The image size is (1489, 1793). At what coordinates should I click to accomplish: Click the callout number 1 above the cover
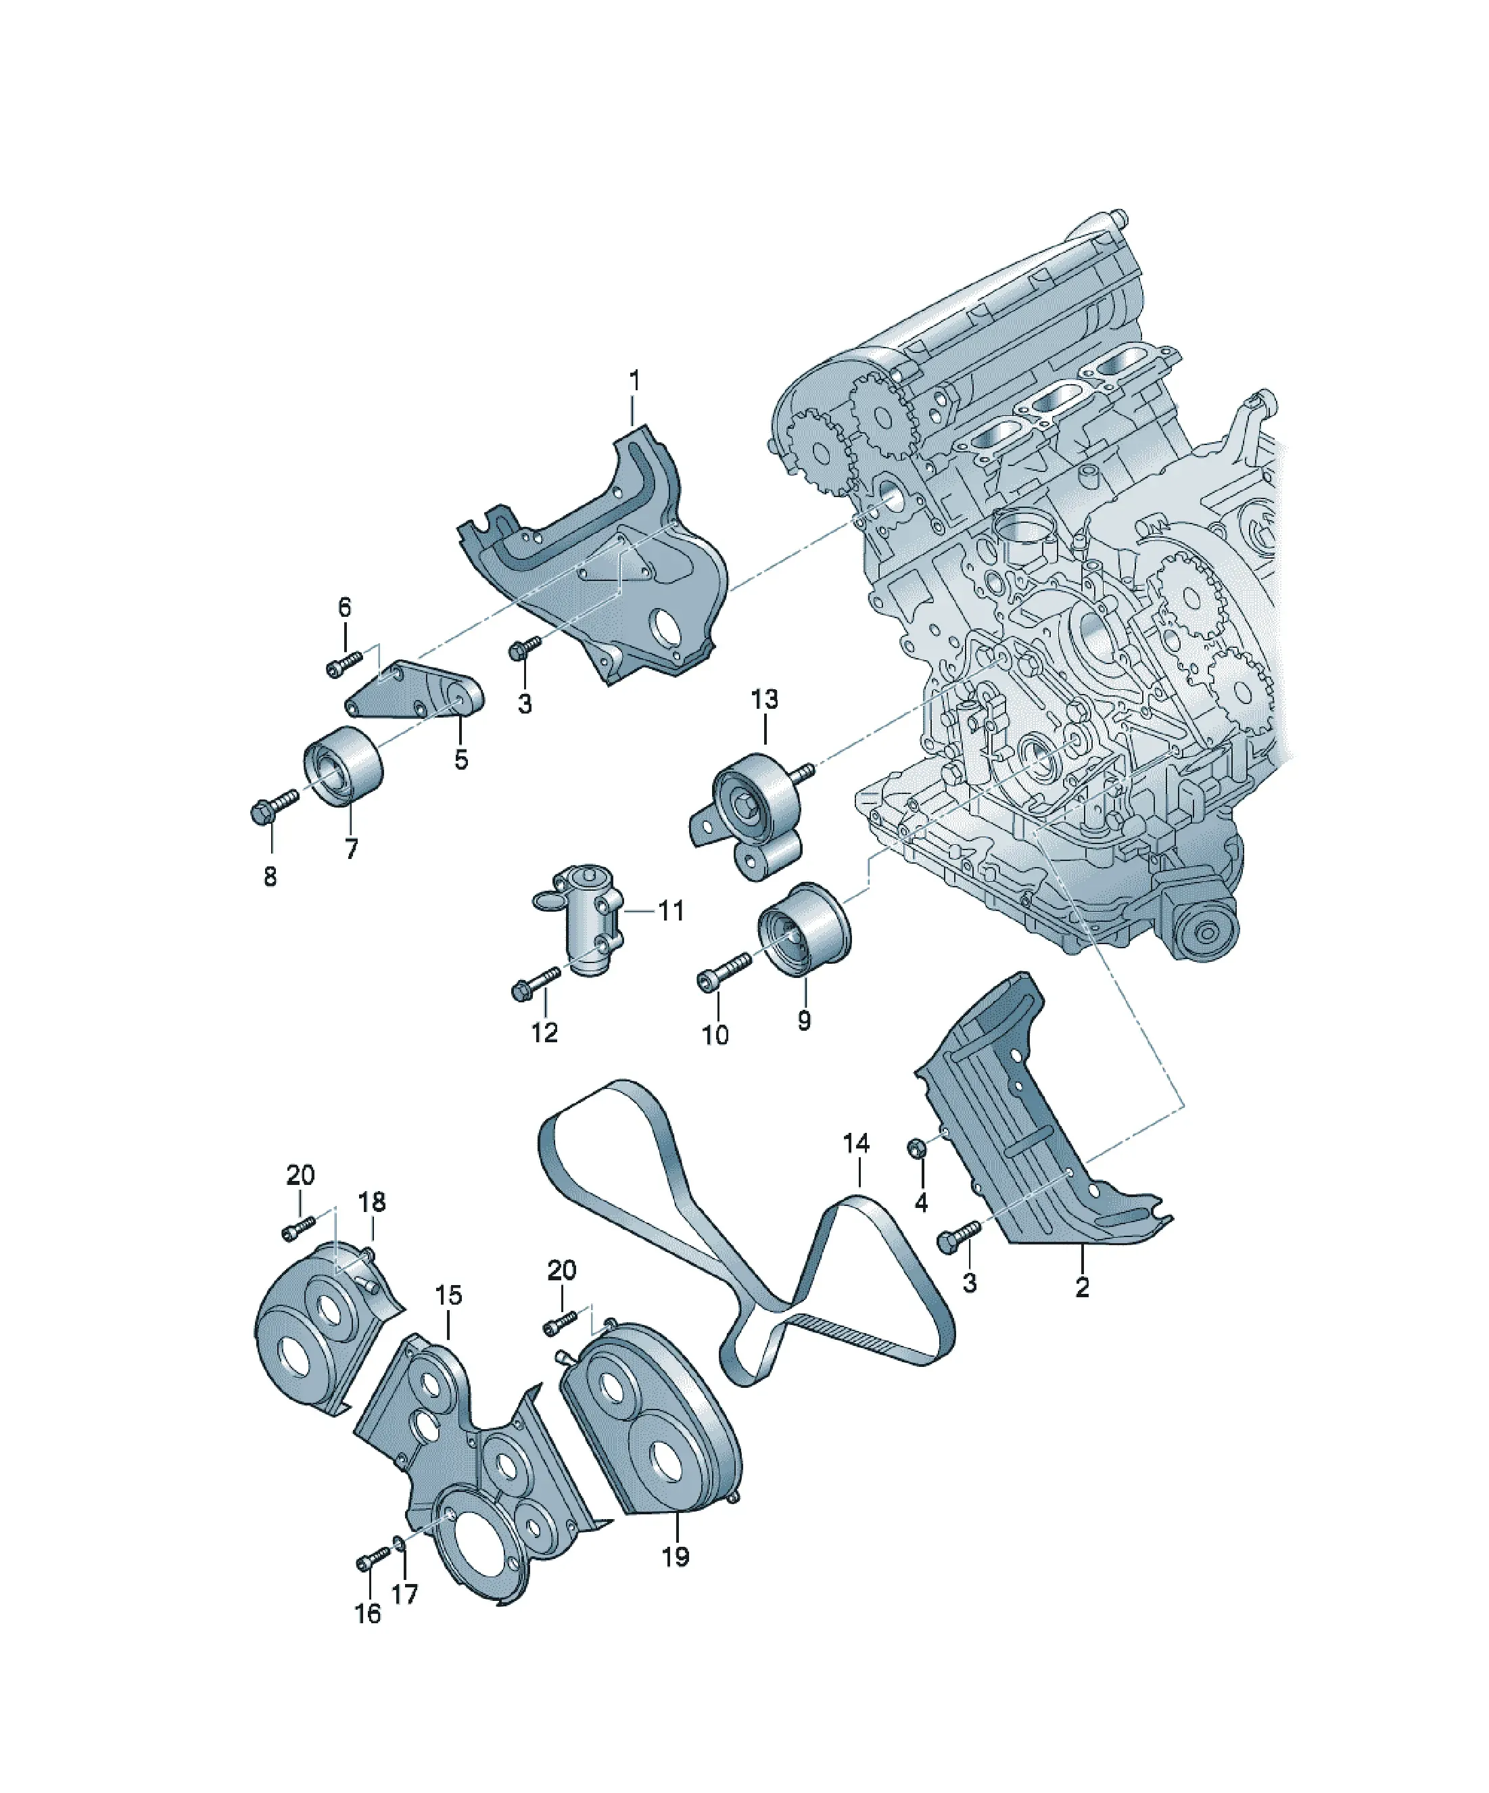634,381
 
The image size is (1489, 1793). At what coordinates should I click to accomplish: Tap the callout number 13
764,699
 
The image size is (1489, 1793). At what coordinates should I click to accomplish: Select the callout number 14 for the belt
855,1142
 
